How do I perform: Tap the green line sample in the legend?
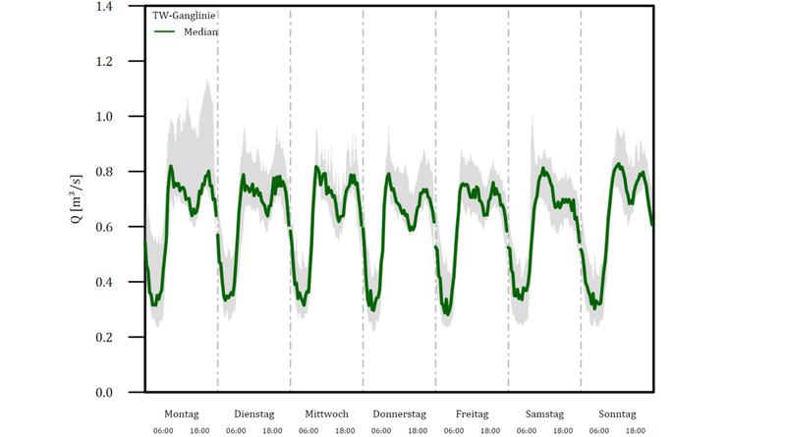165,31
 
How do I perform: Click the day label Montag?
182,414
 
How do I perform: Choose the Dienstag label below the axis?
254,414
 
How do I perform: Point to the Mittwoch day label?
326,414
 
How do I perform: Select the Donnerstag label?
399,414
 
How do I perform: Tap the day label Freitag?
472,414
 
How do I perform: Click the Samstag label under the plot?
544,414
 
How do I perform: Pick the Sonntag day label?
616,414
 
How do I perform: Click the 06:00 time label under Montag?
163,430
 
